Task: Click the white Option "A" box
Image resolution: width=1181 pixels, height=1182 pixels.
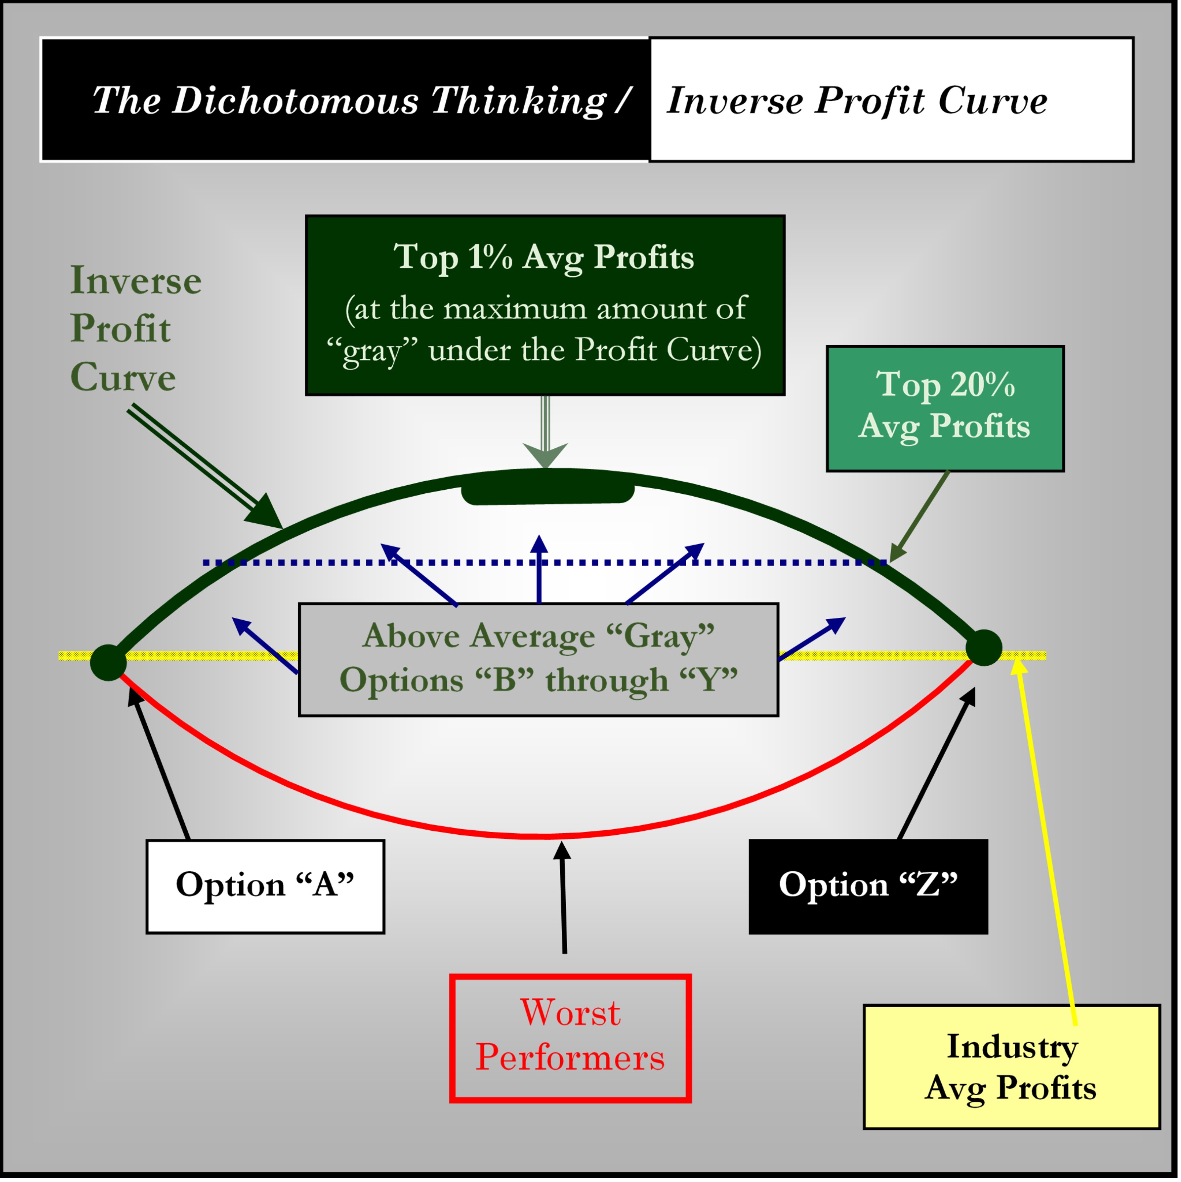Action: coord(265,886)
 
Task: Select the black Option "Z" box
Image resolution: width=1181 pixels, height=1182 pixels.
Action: coord(868,886)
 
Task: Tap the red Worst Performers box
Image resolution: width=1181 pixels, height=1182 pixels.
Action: coord(570,1038)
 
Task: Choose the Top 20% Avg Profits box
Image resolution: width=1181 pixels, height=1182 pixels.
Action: coord(945,409)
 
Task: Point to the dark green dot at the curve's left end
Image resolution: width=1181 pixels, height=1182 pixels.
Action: coord(108,662)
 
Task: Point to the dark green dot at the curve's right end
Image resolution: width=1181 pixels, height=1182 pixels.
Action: coord(983,647)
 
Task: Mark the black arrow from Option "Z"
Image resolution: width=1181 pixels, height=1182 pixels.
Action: coord(937,764)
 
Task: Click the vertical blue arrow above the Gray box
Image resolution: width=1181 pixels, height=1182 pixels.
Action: coord(539,569)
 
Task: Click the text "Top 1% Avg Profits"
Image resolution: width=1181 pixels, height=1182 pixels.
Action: coord(544,257)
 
